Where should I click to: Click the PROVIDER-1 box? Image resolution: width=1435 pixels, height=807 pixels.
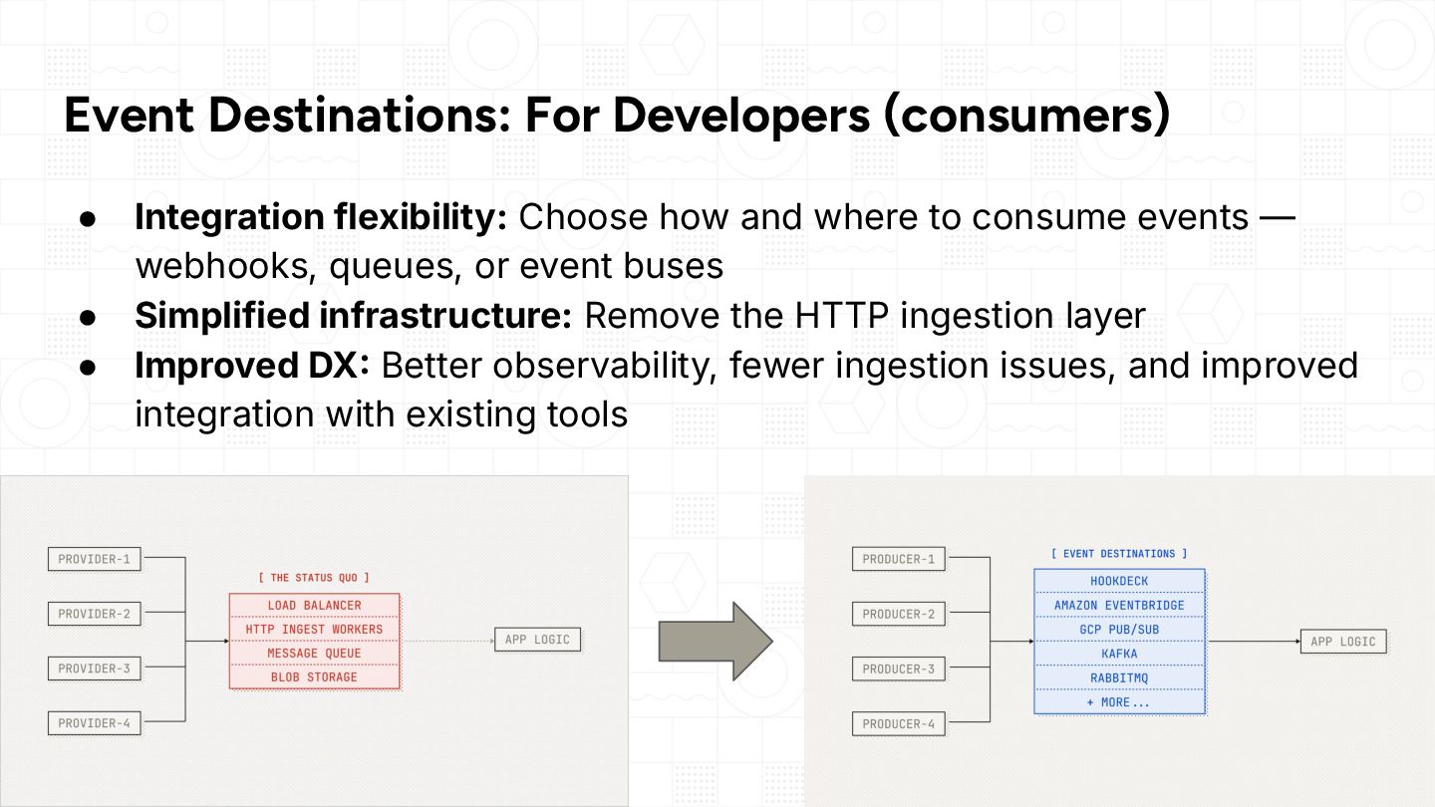click(x=94, y=559)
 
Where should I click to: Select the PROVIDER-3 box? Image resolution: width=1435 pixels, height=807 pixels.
click(x=94, y=669)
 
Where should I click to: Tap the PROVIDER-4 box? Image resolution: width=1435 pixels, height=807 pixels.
click(x=94, y=723)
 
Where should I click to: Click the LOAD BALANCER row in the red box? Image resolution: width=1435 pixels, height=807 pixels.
click(x=315, y=606)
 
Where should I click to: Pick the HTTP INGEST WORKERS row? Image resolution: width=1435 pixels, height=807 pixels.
click(x=315, y=630)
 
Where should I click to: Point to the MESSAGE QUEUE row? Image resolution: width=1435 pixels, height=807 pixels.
click(x=315, y=654)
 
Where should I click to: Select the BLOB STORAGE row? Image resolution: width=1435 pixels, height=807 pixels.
click(x=315, y=677)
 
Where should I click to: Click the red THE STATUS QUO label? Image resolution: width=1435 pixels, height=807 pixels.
click(x=314, y=578)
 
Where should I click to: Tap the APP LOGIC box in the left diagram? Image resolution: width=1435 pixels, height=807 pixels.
click(x=537, y=640)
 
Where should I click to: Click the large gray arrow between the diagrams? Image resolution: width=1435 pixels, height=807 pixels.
click(x=716, y=642)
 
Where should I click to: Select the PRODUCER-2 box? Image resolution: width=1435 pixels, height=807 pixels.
click(x=899, y=614)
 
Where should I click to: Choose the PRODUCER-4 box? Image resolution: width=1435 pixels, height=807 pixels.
click(x=899, y=723)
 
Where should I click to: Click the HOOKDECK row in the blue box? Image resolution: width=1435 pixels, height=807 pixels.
click(x=1119, y=581)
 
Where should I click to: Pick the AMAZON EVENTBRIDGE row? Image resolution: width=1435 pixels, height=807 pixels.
click(x=1119, y=606)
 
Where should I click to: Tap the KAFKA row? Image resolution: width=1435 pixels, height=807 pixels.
click(x=1119, y=654)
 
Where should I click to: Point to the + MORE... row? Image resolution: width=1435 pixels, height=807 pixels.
click(x=1119, y=702)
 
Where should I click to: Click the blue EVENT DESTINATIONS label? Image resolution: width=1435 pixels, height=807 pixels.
click(x=1119, y=553)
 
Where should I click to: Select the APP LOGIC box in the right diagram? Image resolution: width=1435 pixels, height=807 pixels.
click(x=1343, y=642)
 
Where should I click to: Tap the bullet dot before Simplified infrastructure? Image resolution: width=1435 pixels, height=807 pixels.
click(x=88, y=318)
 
